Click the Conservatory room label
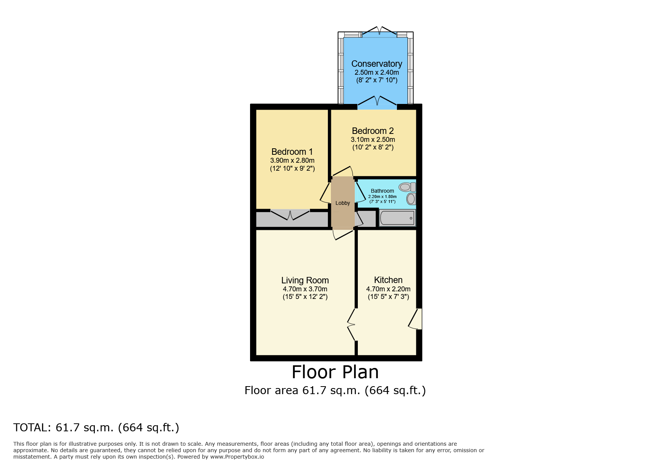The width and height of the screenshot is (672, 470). (376, 64)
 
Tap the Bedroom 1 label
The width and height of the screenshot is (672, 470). (292, 152)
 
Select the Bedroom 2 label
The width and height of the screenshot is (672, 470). (373, 131)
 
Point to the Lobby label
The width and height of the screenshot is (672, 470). (343, 203)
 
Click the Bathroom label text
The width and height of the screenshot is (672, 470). (382, 191)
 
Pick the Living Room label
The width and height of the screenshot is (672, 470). (305, 280)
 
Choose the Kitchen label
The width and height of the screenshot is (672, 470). (388, 280)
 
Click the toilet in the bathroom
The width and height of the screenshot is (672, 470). (408, 187)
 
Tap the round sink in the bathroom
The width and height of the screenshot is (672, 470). (411, 198)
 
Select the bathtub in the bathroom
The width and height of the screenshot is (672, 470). (397, 218)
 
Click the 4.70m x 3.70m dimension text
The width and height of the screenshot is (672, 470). (305, 289)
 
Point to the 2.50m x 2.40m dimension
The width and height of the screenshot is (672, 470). (377, 72)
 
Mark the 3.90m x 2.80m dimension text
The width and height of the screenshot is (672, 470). (292, 160)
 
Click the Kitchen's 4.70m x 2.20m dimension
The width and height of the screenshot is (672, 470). (388, 289)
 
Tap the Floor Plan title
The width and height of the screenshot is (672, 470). (335, 372)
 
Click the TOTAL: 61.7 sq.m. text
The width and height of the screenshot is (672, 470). (64, 428)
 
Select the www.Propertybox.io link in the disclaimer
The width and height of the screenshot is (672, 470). (237, 457)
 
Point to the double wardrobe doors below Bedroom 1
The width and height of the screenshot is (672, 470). (290, 215)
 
